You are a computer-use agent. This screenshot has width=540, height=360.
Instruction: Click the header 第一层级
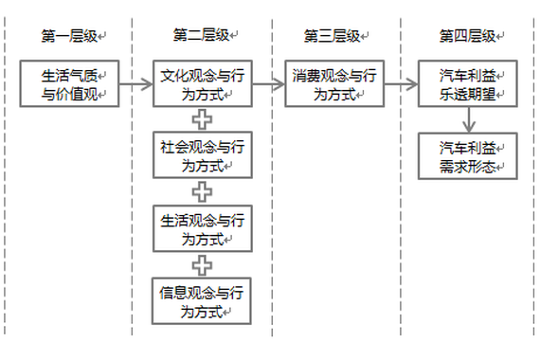(69, 36)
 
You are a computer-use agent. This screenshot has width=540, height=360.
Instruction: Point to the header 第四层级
(467, 36)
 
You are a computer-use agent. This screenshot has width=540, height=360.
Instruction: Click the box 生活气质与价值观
(70, 83)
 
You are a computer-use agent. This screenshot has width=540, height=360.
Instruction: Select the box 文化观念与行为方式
(202, 83)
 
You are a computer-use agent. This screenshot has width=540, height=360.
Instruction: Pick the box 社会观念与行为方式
(202, 155)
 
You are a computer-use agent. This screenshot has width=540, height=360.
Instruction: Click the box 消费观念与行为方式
(333, 83)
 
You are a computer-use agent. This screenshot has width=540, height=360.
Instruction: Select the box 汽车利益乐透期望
(468, 83)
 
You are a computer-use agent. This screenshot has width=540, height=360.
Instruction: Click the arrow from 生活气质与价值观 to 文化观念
(136, 83)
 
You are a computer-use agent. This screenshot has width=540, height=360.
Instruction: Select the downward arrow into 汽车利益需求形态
(468, 119)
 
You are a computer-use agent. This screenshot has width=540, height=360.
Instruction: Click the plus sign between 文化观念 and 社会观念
(202, 119)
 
